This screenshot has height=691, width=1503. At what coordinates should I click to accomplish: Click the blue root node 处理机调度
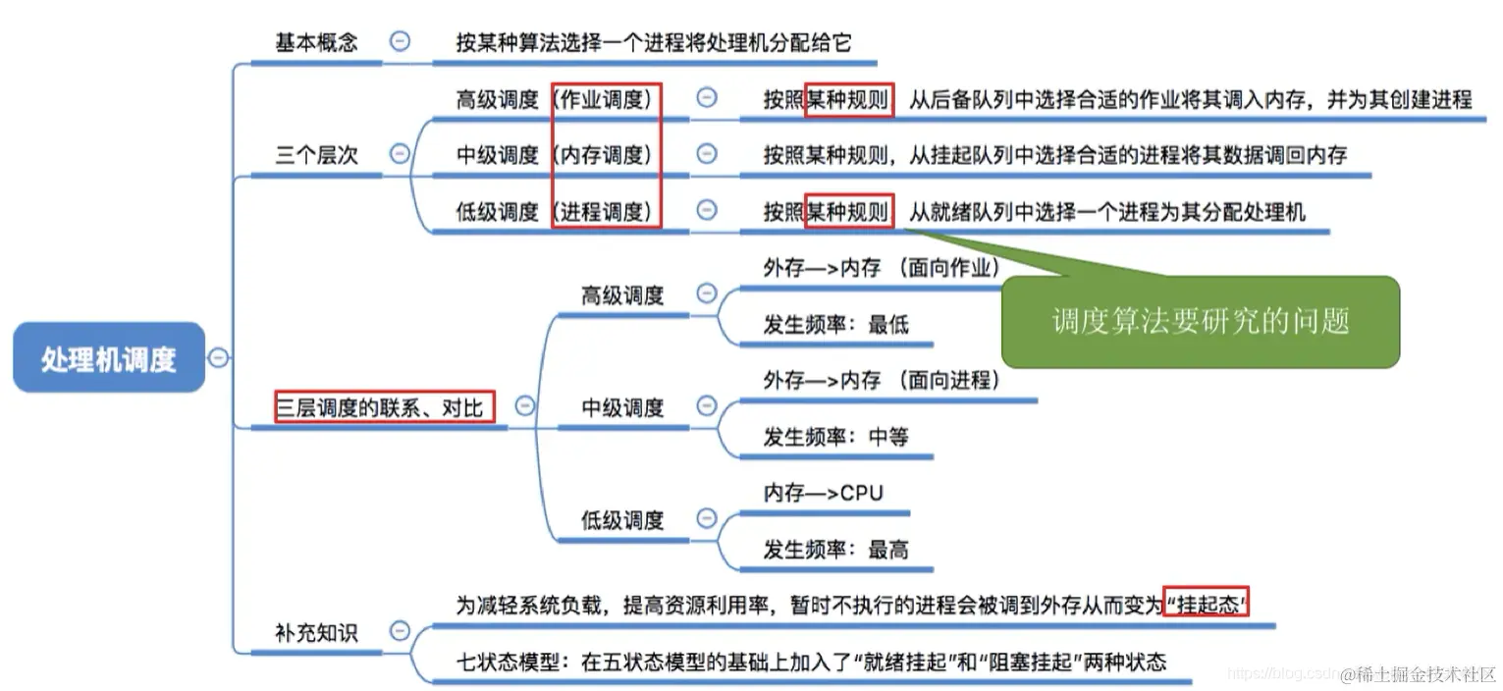point(108,358)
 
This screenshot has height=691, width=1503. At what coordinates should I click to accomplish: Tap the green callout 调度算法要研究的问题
point(1200,322)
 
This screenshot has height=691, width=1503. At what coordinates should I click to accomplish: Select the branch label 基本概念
point(316,42)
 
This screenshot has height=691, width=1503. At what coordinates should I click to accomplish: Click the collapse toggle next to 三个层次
point(400,153)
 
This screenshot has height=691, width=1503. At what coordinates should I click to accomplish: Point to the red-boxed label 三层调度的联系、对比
point(385,407)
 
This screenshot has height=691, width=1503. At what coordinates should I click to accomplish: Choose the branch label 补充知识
point(316,633)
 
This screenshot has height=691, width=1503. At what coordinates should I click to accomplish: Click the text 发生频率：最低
point(835,325)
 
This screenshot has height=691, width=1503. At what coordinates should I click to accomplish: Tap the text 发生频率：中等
point(835,437)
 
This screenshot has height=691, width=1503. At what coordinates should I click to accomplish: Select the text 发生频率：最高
point(835,550)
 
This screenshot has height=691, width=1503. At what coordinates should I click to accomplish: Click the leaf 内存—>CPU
point(823,493)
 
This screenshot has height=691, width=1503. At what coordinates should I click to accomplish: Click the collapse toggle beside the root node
point(218,358)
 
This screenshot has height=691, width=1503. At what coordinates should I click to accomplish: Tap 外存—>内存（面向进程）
point(882,381)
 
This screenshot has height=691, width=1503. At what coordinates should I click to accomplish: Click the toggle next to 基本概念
point(400,41)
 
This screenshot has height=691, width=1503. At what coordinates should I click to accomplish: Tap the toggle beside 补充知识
point(400,631)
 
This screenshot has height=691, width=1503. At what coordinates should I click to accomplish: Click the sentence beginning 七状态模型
point(811,662)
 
